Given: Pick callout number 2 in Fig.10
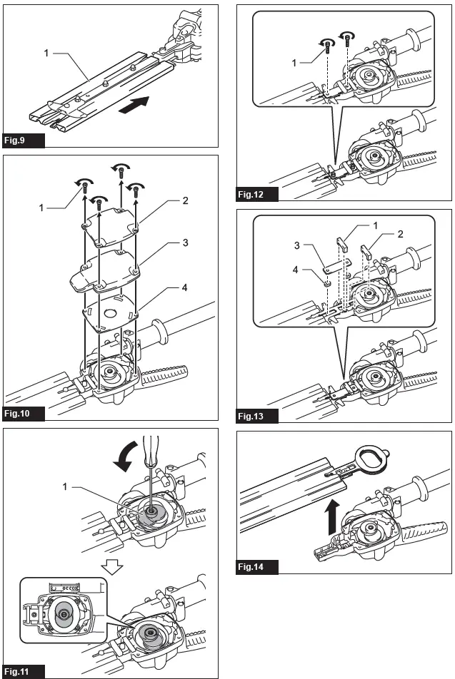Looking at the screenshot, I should (184, 200).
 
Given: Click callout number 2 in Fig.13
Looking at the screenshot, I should (400, 233).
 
